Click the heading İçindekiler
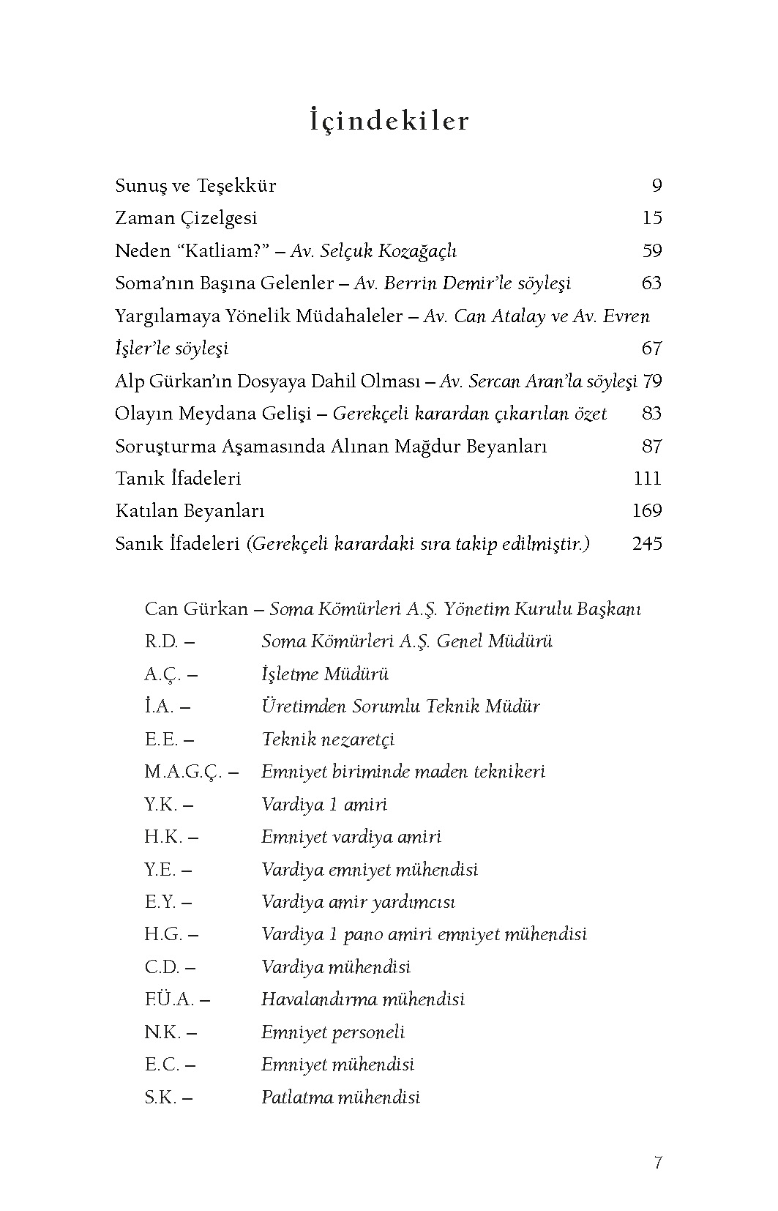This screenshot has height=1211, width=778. pos(389,121)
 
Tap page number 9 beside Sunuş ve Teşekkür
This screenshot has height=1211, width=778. pos(657,186)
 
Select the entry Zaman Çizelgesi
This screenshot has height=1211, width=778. pos(186,218)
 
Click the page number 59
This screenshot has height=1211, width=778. pos(651,251)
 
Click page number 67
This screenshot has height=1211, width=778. pos(651,349)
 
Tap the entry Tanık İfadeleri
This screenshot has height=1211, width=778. pos(178,479)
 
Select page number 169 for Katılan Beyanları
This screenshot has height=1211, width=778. pos(646,511)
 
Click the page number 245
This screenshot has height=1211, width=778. pos(646,544)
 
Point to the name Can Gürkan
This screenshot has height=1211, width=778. pos(196,609)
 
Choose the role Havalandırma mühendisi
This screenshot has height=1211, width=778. pos(363,999)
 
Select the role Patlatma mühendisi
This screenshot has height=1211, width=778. pos(341,1098)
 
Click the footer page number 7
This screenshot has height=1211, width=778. pos(658,1163)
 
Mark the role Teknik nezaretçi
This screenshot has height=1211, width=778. pos(329,739)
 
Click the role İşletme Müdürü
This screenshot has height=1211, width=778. pos(325,674)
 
